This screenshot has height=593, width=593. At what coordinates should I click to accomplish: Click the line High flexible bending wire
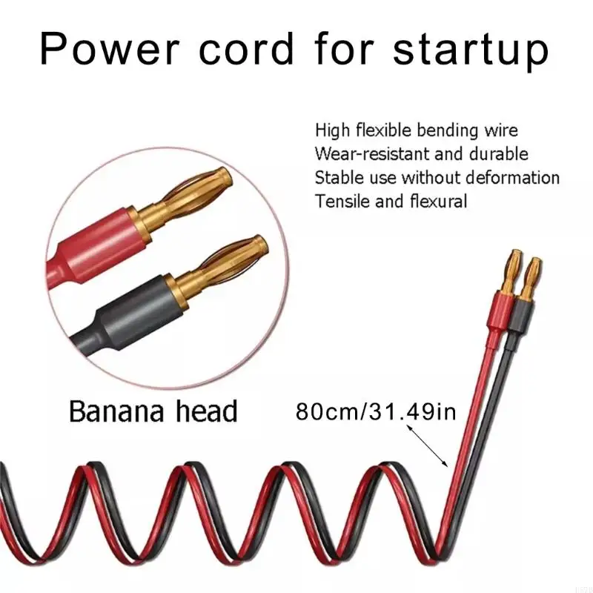coord(417,130)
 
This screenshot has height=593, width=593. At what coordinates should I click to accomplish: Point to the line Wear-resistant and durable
coord(421,153)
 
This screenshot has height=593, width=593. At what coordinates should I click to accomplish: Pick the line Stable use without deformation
coord(437,177)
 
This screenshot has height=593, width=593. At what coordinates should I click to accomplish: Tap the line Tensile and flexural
coord(391,201)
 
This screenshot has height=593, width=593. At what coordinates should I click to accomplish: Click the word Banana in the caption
coord(117,411)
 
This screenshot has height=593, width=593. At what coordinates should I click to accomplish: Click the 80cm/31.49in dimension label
coord(376,411)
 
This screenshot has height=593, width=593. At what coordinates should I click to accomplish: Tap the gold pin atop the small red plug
coord(511,270)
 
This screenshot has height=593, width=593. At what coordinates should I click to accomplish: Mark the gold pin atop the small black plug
coord(531,277)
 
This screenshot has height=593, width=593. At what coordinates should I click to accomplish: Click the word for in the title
coord(344,49)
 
